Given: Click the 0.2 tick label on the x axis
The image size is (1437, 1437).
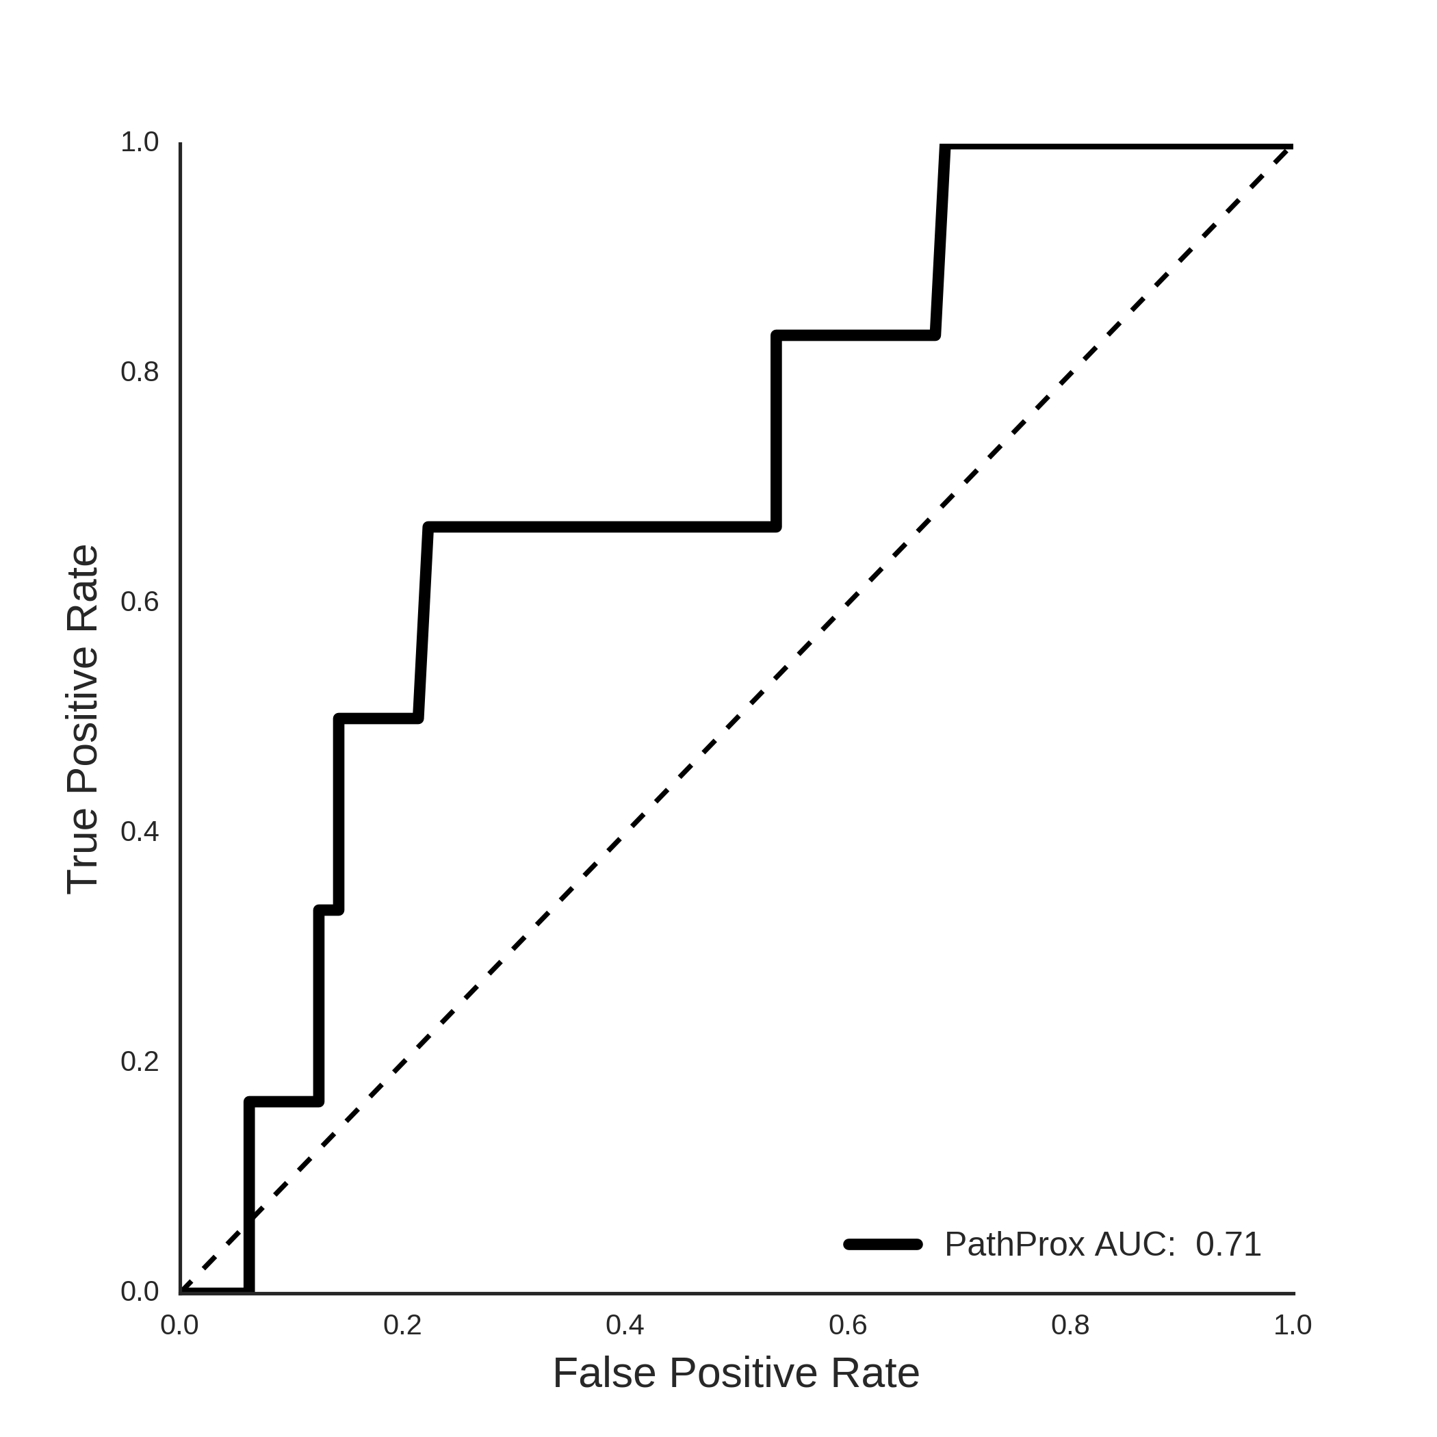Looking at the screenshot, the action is click(x=402, y=1325).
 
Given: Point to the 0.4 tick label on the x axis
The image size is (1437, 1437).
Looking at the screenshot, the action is click(x=625, y=1325).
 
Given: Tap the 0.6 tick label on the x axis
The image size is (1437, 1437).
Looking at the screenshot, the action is click(x=848, y=1325).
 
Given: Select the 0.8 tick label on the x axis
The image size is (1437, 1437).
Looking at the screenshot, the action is click(x=1070, y=1325).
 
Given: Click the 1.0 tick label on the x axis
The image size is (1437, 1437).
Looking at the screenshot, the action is click(x=1293, y=1325).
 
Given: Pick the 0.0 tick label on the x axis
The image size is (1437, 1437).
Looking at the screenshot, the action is click(x=180, y=1325).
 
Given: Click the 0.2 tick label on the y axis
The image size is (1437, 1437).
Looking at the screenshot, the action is click(x=140, y=1061).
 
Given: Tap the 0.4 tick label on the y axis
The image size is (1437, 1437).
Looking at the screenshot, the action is click(x=140, y=831).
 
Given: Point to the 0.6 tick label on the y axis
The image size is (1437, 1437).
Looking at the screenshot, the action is click(x=140, y=601).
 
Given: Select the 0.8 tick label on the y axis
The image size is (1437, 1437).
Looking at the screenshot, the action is click(x=140, y=372).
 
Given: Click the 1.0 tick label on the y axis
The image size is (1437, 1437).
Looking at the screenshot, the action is click(x=140, y=142).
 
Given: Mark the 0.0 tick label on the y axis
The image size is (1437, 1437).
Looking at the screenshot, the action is click(x=140, y=1291).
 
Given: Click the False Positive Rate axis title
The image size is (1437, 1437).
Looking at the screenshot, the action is click(x=736, y=1373).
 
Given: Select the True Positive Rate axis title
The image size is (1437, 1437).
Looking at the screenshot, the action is click(x=83, y=719).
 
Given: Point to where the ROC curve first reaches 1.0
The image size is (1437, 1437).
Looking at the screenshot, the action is click(x=944, y=146).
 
